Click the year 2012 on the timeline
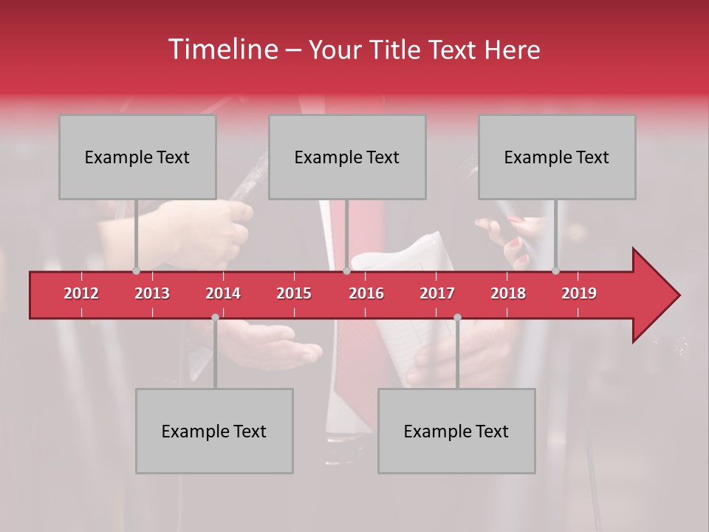coord(81,293)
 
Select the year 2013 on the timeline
coord(152,293)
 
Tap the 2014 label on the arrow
coord(223,293)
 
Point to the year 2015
coord(294,293)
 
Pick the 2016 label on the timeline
coord(366,293)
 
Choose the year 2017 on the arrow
coord(437,293)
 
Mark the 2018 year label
coord(508,293)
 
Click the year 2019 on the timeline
coord(579,293)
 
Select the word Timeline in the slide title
coord(222,50)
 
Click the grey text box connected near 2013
coord(137,157)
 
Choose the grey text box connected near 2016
coord(347,157)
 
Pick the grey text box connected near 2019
coord(557,157)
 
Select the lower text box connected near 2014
coord(214,431)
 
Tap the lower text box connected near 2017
coord(456,431)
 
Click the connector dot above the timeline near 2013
coord(136,271)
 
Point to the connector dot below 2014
coord(215,317)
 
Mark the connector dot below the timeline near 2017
coord(457,317)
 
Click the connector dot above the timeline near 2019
coord(555,271)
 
